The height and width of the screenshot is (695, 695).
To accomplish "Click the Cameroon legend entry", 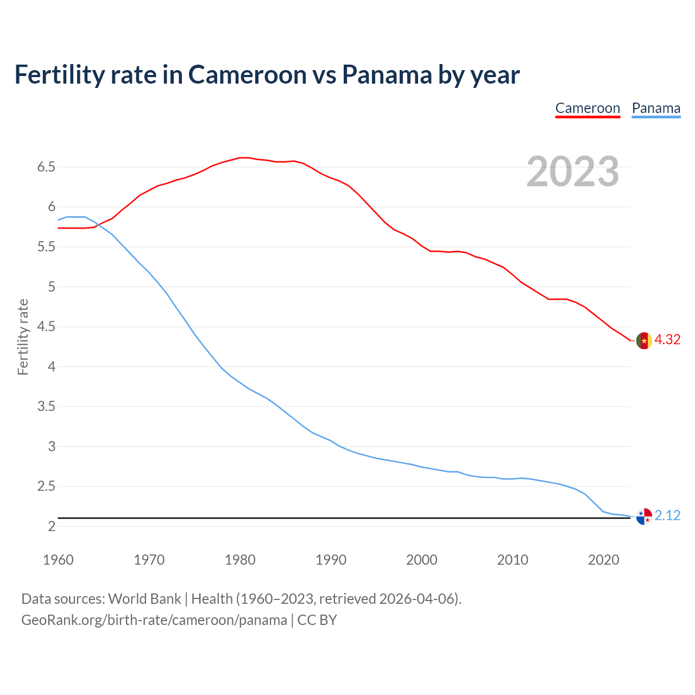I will point(587,108).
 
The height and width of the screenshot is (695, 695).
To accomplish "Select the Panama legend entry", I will point(656,108).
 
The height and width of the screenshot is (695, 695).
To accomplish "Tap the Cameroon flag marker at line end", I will point(644,340).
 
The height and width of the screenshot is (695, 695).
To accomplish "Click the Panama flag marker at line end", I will point(644,516).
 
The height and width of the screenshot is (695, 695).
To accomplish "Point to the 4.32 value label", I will point(667,339).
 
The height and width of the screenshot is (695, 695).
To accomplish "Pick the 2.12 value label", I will point(667,515).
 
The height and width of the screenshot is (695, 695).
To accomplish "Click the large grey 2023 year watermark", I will point(573,172).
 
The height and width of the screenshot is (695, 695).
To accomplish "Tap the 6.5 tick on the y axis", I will point(46,167).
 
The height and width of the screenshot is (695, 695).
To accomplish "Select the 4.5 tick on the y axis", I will point(46,326).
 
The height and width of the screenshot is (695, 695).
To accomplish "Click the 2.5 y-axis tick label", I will point(46,486).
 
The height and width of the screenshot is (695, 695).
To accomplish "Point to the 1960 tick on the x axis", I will point(58,560).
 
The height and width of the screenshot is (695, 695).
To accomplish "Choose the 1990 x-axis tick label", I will point(331,560).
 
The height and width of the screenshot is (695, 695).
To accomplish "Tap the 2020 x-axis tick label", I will point(603,560).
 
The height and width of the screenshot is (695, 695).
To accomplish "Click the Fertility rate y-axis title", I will point(23,337).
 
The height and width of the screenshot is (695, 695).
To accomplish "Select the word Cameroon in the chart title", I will point(248,74).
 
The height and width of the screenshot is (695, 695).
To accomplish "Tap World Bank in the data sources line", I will point(144,599).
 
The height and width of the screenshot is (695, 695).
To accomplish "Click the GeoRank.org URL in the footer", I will point(154,620).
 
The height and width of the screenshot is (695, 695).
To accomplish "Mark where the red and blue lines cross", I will point(98,224).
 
